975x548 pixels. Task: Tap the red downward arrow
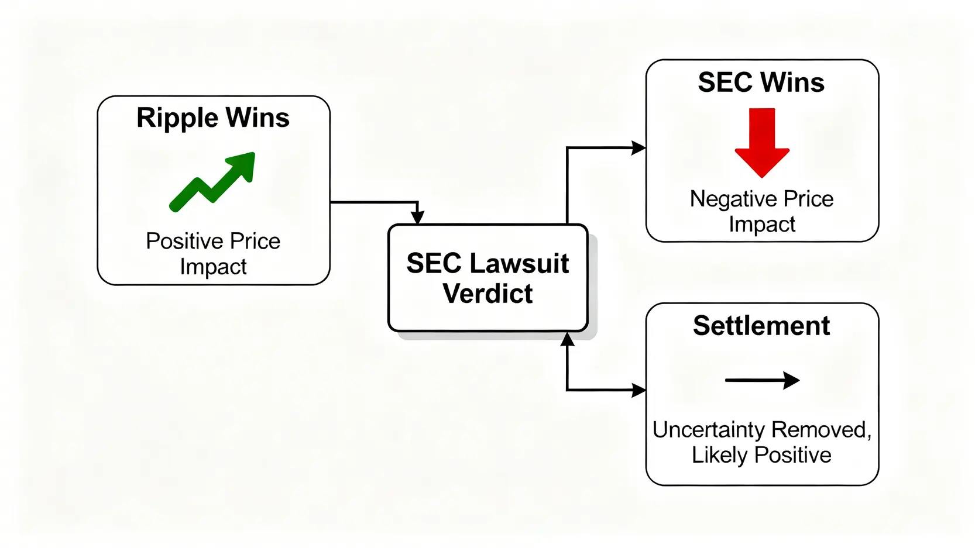(762, 143)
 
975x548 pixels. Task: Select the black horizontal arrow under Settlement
(762, 381)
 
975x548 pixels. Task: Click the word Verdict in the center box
(487, 294)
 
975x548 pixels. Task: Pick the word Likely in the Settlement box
(719, 456)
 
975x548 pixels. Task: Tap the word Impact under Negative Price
(762, 225)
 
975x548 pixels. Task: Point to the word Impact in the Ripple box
(213, 267)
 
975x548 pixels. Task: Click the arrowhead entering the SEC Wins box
(638, 148)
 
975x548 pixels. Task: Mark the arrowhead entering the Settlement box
(638, 390)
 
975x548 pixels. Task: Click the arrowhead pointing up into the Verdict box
(567, 339)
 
